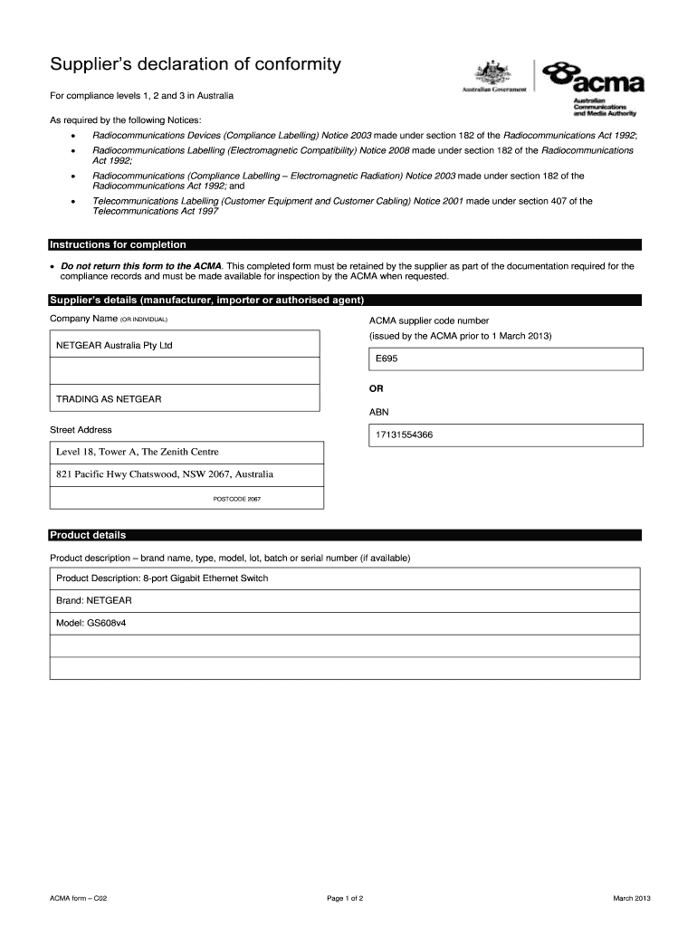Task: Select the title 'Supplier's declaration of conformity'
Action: coord(196,64)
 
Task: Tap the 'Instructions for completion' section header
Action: coord(118,244)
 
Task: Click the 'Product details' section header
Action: coord(88,535)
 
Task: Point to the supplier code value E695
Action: coord(387,358)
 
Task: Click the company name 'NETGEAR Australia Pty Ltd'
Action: coord(114,346)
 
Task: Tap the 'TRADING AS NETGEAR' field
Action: coord(109,398)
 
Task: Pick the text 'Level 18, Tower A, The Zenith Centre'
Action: coord(138,452)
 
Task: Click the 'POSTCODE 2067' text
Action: coord(236,500)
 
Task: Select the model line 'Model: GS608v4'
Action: coord(91,624)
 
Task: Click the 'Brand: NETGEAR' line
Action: coord(94,600)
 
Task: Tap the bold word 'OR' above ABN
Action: coord(376,388)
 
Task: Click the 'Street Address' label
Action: coord(81,430)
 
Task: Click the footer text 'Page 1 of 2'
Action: coord(346,898)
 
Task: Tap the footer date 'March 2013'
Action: coord(632,898)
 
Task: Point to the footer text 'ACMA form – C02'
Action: coord(80,898)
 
